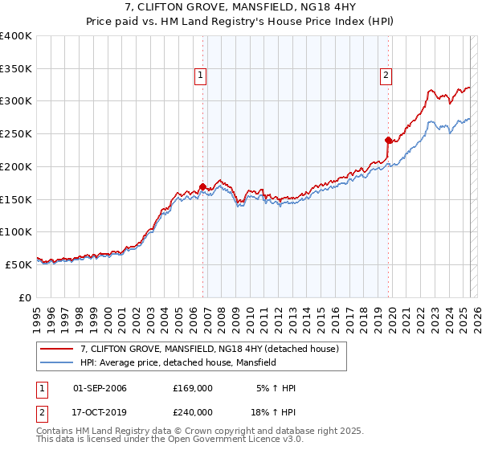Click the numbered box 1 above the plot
[200, 76]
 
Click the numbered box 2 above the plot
[386, 76]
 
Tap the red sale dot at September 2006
[202, 186]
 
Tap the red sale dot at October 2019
[388, 140]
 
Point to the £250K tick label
[16, 133]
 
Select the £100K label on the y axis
[16, 231]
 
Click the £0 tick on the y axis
[26, 297]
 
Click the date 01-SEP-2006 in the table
[100, 388]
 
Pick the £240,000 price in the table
[192, 411]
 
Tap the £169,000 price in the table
[192, 388]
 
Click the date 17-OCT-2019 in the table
[100, 411]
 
